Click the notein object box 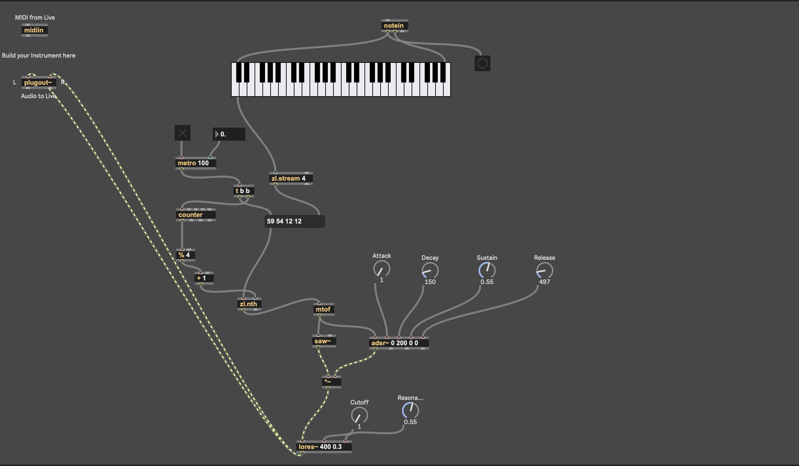[x=394, y=26]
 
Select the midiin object [x=34, y=30]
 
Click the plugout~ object [x=38, y=83]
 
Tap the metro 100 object [x=195, y=163]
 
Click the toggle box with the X [x=182, y=133]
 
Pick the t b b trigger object [x=243, y=191]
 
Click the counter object [x=195, y=215]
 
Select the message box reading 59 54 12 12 [x=294, y=221]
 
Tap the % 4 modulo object [x=185, y=255]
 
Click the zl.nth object [x=249, y=304]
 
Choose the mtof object [x=324, y=309]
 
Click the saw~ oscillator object [x=324, y=341]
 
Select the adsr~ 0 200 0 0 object [x=399, y=343]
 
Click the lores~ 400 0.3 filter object [x=324, y=447]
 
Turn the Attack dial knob [x=382, y=269]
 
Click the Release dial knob [x=544, y=271]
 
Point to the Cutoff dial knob [x=359, y=415]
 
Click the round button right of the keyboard [x=482, y=63]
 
